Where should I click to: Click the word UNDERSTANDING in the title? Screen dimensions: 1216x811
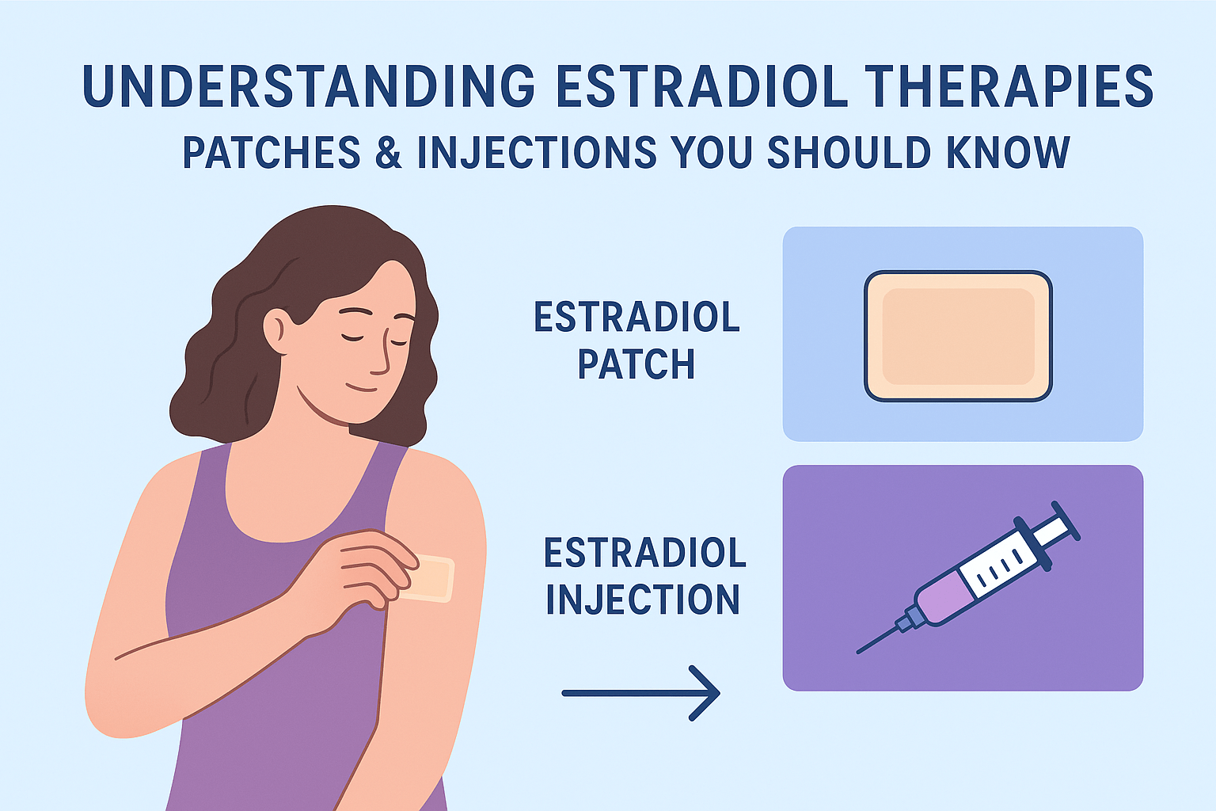click(309, 86)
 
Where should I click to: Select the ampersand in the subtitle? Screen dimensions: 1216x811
click(388, 151)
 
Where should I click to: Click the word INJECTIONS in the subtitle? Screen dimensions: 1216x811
click(537, 151)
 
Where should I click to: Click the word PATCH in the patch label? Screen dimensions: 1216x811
click(636, 364)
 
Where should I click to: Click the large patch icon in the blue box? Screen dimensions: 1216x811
click(958, 337)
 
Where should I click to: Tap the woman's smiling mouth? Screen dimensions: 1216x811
click(361, 388)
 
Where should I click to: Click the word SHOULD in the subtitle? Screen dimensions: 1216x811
click(849, 151)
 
